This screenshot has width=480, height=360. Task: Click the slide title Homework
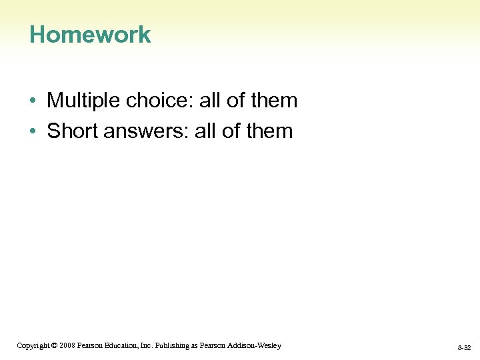click(x=90, y=35)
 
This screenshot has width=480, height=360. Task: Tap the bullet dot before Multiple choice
click(x=32, y=101)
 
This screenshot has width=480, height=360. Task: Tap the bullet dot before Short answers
click(x=32, y=131)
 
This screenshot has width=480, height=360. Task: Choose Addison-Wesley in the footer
click(x=257, y=345)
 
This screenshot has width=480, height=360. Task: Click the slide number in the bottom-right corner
click(x=464, y=348)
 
